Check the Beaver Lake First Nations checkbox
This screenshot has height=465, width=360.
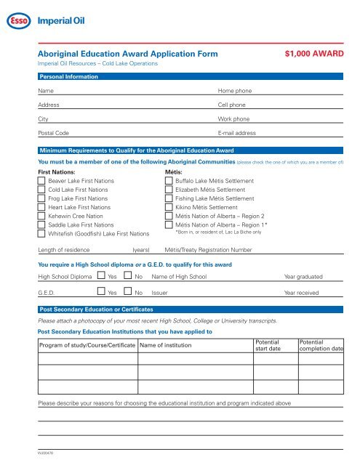[41, 180]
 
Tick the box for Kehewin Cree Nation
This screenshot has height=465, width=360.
[41, 216]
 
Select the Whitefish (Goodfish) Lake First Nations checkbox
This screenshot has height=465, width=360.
[41, 234]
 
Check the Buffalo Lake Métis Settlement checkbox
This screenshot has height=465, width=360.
[169, 180]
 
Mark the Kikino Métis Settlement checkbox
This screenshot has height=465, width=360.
[169, 207]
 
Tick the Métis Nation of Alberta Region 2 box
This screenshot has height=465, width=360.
[169, 216]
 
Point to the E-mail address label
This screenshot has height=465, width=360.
[236, 134]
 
